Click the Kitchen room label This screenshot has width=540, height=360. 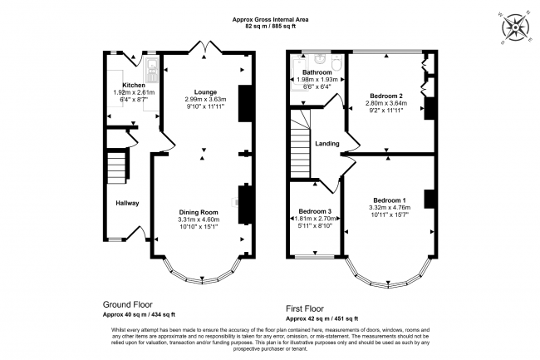[135, 85]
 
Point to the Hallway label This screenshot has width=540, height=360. [127, 203]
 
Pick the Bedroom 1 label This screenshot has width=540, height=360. [389, 200]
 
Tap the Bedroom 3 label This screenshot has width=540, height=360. [305, 211]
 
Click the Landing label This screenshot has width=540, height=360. [327, 143]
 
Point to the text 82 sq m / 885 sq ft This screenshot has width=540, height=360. [269, 27]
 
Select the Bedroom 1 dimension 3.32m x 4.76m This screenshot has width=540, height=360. [389, 208]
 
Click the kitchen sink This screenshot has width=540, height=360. [152, 66]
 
